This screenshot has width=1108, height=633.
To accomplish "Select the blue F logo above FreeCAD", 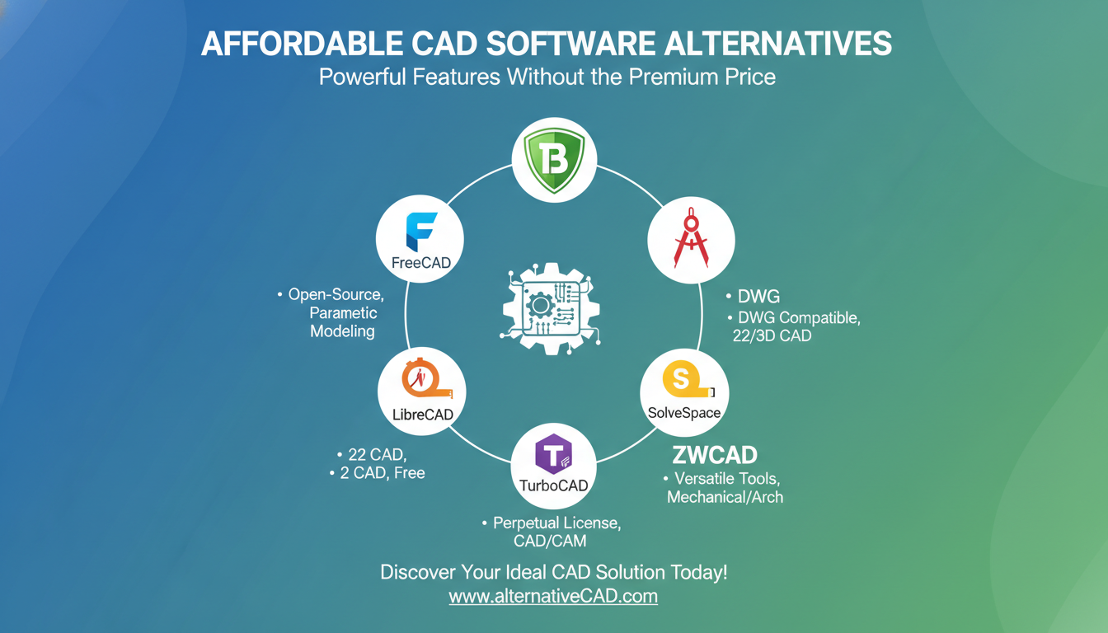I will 420,231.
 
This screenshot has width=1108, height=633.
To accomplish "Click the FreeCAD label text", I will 420,264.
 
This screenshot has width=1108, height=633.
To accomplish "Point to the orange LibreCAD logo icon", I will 420,380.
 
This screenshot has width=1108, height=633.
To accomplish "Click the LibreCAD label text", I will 422,415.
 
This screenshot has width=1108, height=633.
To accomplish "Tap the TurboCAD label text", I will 554,485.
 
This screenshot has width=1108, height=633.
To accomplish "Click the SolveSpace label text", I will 684,412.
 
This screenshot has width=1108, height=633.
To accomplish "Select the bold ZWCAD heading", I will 714,454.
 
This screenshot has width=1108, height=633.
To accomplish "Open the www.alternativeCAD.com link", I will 553,596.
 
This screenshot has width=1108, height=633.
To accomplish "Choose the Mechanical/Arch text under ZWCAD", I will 725,497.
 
